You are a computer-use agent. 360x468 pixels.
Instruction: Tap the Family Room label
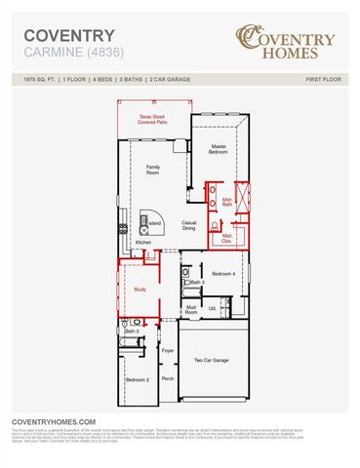tap(154, 171)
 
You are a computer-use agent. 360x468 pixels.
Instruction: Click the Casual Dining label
tap(190, 225)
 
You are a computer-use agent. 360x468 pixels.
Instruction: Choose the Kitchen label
tap(143, 242)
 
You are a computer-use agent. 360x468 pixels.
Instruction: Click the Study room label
tap(140, 289)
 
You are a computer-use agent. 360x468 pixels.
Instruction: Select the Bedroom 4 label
tap(223, 274)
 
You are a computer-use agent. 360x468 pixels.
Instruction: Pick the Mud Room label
tap(192, 310)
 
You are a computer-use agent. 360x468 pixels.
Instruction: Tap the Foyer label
tap(168, 349)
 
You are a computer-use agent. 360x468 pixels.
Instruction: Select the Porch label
tap(168, 378)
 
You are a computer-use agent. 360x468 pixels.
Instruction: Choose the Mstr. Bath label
tap(226, 202)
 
